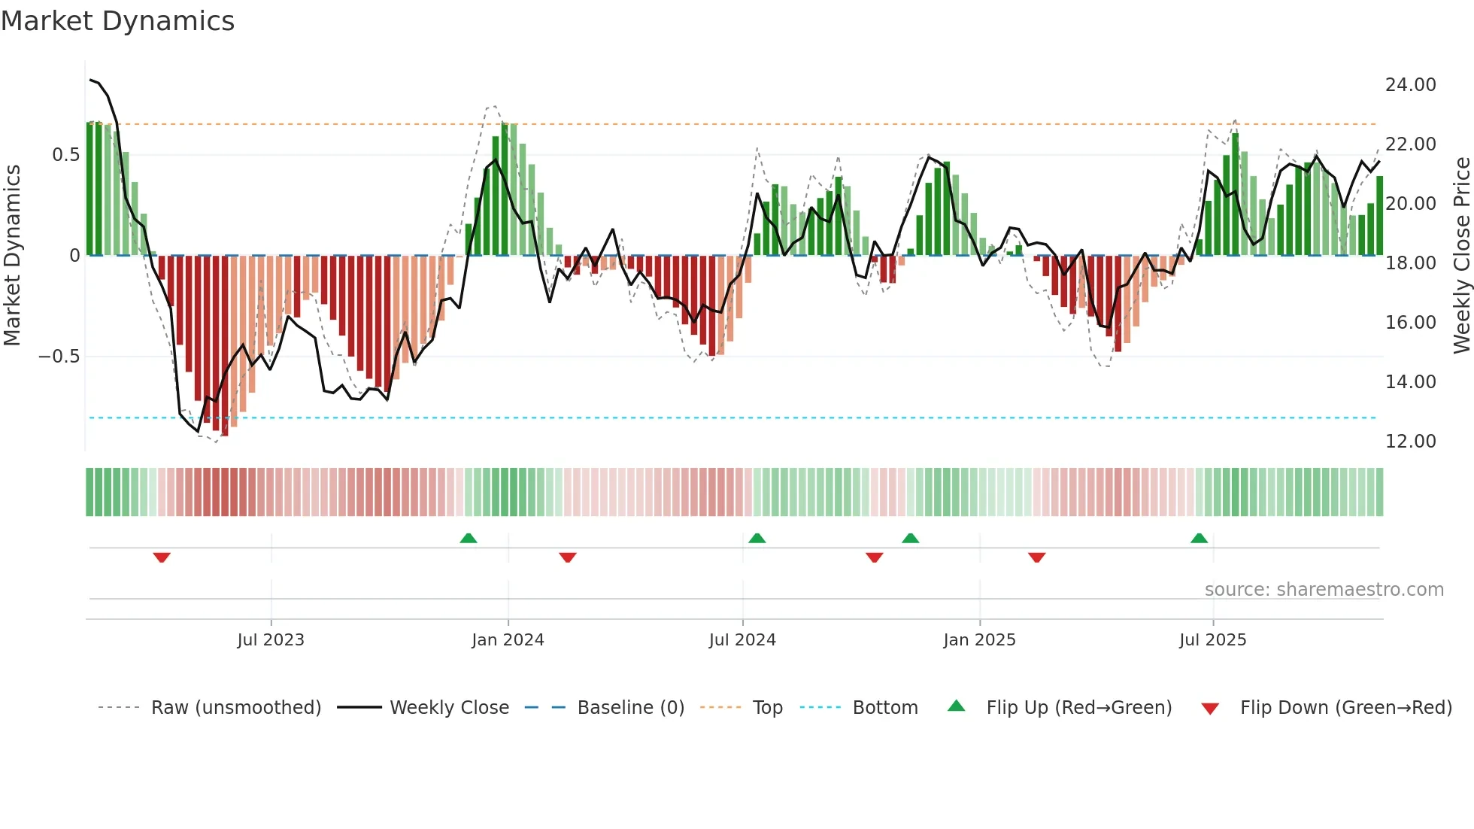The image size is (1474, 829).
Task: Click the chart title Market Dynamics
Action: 118,21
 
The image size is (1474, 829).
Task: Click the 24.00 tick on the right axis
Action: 1410,85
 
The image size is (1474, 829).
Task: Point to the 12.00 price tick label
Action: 1410,442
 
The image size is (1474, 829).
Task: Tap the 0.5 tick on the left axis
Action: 65,155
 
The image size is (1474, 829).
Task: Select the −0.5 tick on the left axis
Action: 59,357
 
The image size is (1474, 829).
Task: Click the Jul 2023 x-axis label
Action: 271,640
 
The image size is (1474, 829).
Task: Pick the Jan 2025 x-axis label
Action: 979,640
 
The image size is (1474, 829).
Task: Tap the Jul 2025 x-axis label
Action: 1212,640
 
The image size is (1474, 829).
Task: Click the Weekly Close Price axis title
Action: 1461,256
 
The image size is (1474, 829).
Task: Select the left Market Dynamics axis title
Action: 12,256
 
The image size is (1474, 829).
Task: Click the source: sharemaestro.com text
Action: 1324,590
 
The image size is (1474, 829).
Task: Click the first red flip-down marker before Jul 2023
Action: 162,557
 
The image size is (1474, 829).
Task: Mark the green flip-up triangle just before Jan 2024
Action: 469,538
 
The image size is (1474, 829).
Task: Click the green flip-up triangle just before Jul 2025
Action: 1200,538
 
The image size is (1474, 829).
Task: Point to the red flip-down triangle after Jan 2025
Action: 1037,557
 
